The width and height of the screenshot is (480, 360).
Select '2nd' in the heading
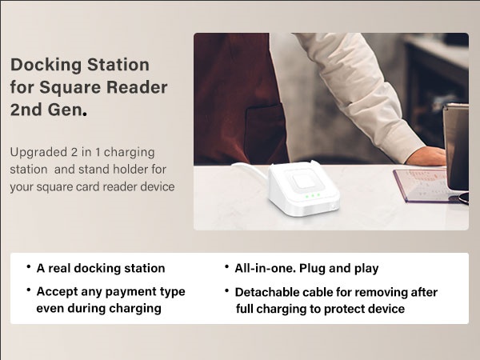26,110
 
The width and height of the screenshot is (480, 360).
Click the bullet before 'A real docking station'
29,267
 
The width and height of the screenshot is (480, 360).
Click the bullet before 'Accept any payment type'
29,290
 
